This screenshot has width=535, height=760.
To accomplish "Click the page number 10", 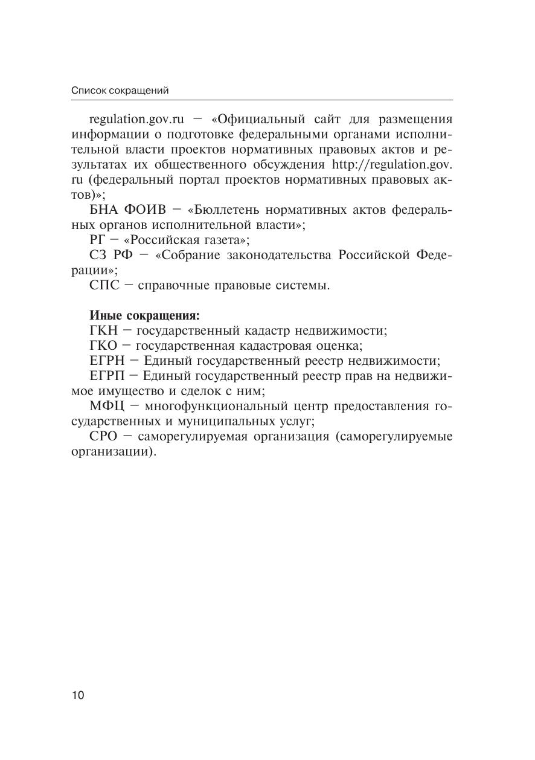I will tap(78, 695).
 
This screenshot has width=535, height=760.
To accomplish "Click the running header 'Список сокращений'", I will tap(120, 91).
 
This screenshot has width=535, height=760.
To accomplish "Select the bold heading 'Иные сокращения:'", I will tap(144, 315).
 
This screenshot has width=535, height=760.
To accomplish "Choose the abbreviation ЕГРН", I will tap(106, 361).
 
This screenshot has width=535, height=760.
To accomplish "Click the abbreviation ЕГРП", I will tap(106, 376).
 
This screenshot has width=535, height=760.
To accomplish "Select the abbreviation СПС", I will tap(105, 285).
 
